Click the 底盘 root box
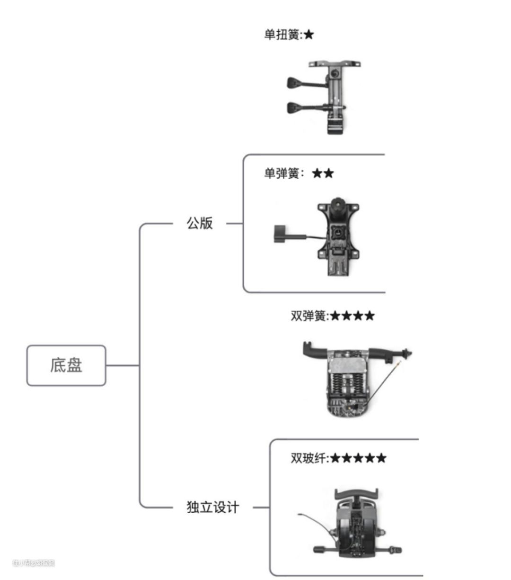[x=66, y=365]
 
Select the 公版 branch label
[x=200, y=223]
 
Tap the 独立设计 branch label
[x=213, y=507]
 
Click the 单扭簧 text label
[x=282, y=35]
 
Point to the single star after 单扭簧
[x=308, y=35]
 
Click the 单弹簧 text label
[x=282, y=173]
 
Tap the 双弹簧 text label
[x=308, y=316]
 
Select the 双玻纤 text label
[x=308, y=458]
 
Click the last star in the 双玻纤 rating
[x=381, y=458]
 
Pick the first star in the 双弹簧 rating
[x=335, y=316]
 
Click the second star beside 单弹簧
[x=328, y=173]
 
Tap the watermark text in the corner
[x=34, y=563]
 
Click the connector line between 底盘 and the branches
[x=122, y=365]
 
